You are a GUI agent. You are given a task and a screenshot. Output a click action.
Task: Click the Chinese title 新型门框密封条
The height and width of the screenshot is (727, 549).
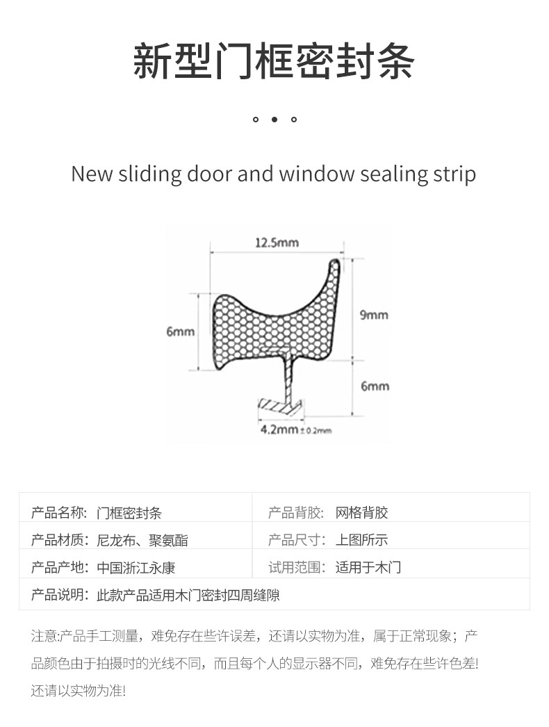pos(274,60)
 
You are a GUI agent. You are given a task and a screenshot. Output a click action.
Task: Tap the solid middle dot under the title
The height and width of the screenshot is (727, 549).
pos(274,120)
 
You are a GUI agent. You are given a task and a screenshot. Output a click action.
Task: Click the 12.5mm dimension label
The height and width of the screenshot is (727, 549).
pos(277,243)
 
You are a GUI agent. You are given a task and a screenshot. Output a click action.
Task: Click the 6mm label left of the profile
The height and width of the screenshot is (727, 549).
pos(180,332)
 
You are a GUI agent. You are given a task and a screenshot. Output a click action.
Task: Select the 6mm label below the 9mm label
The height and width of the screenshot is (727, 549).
pos(375,386)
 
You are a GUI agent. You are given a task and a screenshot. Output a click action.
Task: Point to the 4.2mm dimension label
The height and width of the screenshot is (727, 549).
pos(279,430)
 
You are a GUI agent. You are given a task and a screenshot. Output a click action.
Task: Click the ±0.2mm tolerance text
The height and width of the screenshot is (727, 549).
pos(316,431)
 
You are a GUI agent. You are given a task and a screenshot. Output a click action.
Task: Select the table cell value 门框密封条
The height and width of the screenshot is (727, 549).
pos(129,513)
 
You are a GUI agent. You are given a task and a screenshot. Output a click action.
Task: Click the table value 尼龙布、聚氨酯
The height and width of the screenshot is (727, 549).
pos(142,540)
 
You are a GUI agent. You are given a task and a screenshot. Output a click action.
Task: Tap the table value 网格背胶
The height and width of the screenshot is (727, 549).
pos(361,513)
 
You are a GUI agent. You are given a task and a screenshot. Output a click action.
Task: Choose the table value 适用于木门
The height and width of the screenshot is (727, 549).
pos(368,567)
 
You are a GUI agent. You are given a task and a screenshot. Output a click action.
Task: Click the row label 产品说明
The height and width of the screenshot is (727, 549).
pos(59,595)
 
